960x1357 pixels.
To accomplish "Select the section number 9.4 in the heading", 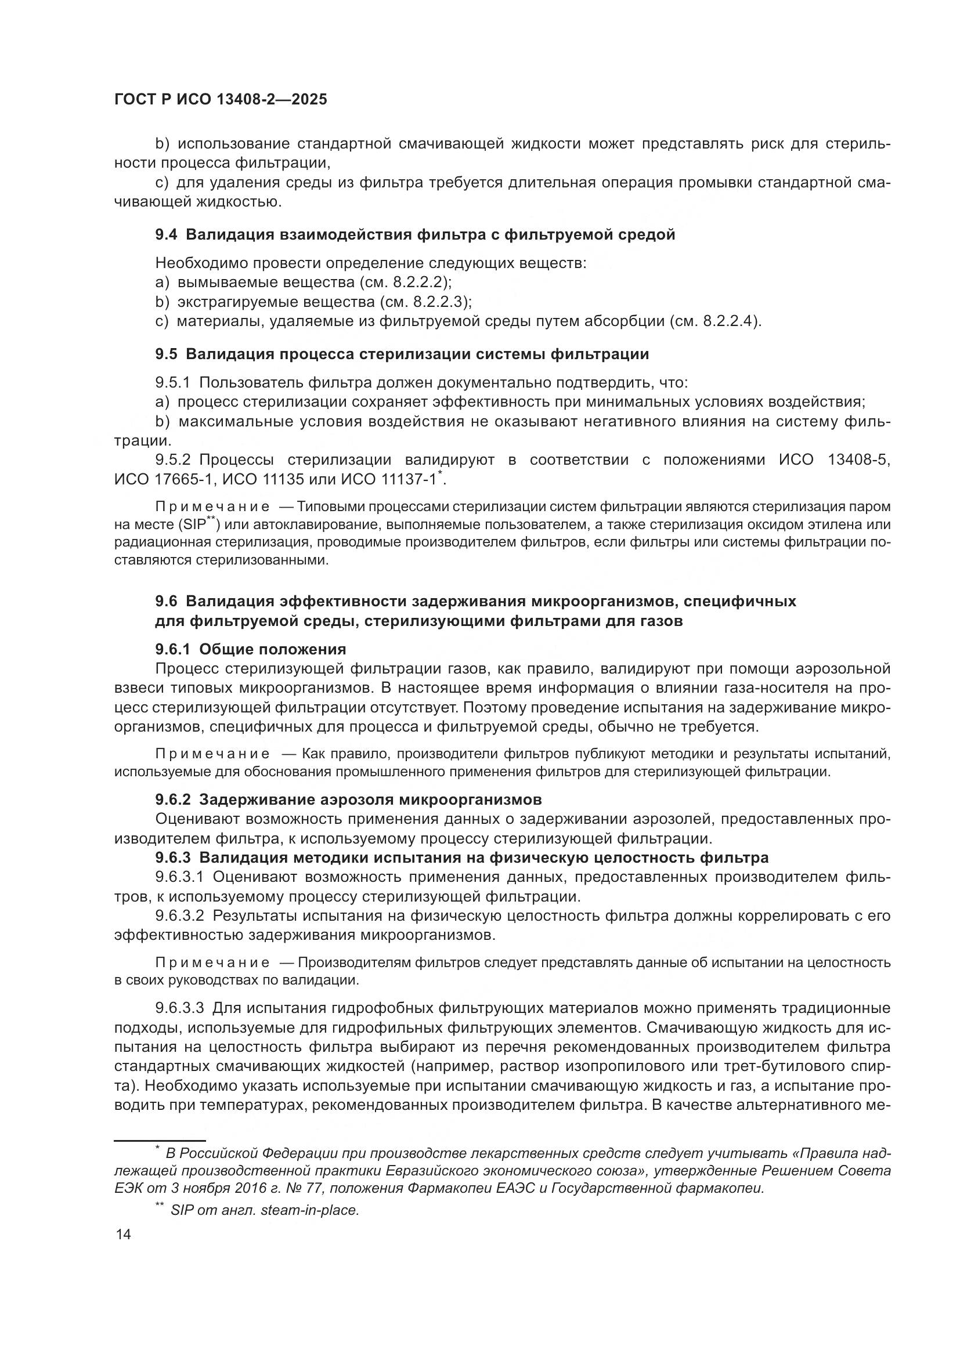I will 166,234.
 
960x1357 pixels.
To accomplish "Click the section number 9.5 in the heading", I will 166,354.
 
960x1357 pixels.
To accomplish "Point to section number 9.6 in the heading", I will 166,601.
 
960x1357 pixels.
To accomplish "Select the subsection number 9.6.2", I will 172,799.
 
